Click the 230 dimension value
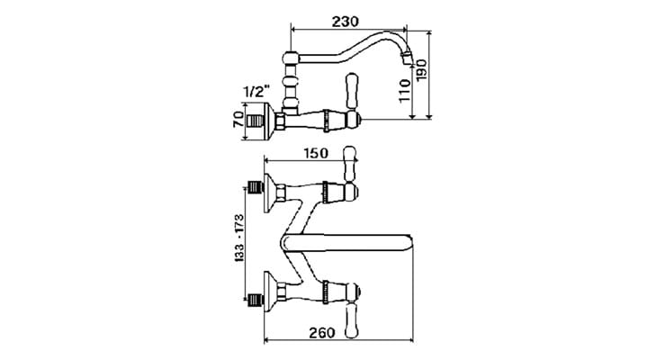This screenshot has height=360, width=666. pos(345,22)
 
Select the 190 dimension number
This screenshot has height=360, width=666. pos(422,70)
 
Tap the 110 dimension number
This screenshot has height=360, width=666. pos(405,90)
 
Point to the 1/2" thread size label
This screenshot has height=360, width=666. pos(257,91)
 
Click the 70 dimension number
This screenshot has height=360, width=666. pos(238,120)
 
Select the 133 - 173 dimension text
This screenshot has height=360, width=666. pos(239,238)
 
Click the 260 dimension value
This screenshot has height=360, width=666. pos(321,333)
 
